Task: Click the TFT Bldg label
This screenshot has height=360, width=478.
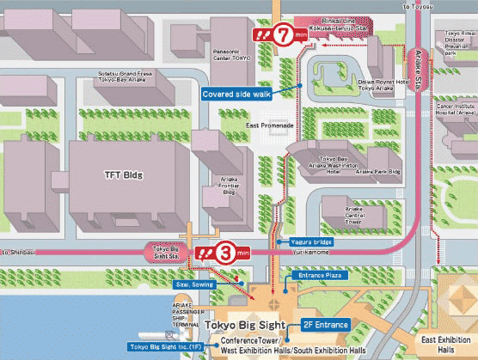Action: (124, 175)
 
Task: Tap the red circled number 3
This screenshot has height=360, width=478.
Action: (225, 253)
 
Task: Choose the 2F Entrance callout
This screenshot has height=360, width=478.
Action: (328, 326)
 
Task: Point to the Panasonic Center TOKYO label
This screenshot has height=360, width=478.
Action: (230, 53)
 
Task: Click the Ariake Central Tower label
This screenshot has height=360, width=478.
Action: (355, 213)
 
